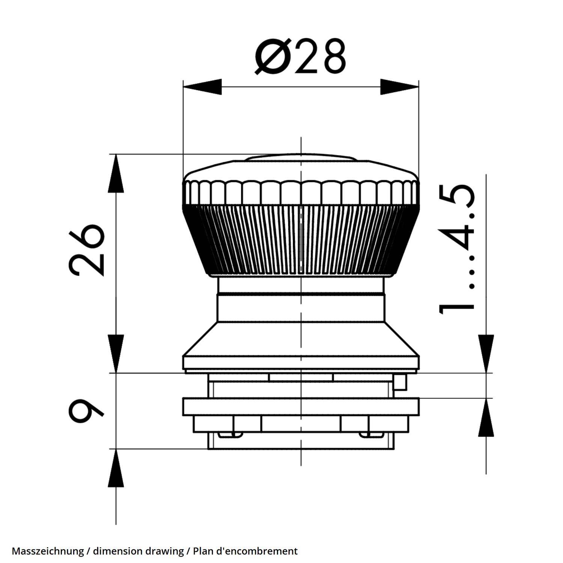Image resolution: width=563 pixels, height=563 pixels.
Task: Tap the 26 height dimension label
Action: coord(87,250)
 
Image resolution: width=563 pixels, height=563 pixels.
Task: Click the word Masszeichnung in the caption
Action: coord(48,551)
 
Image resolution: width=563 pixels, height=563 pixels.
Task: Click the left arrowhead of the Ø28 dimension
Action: coord(202,87)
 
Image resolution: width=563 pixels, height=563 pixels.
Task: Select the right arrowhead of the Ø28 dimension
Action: coord(399,87)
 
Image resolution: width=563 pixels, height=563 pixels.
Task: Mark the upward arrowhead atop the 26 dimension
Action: coord(116,173)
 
